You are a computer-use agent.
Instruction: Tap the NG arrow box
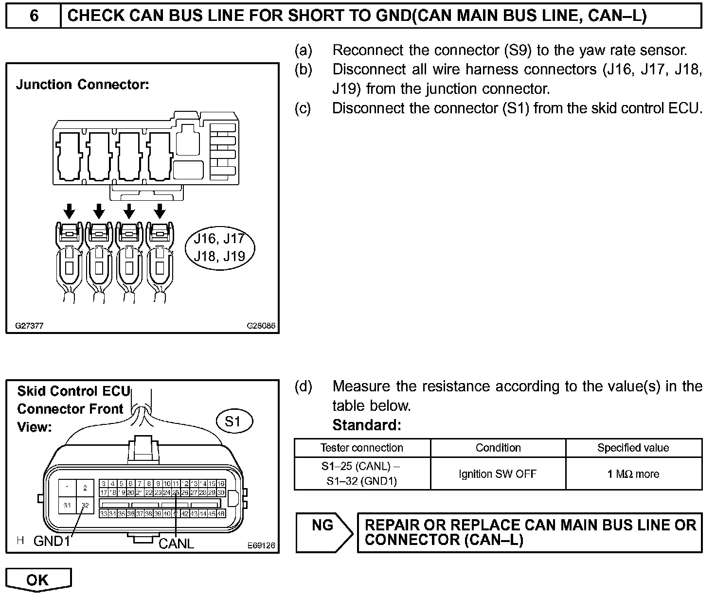[324, 532]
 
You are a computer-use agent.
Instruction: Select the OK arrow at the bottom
[38, 580]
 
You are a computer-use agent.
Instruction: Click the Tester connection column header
[362, 448]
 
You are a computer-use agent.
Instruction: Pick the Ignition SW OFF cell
[498, 473]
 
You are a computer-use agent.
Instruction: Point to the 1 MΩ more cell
[633, 473]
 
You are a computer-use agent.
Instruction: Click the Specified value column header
[633, 448]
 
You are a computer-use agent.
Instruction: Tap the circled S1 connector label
[233, 421]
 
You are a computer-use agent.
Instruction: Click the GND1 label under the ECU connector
[52, 541]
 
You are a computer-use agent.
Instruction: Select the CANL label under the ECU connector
[176, 543]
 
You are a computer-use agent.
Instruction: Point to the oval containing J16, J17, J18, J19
[220, 247]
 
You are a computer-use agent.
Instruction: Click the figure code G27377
[29, 326]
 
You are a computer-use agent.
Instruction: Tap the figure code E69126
[261, 546]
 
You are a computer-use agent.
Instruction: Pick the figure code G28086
[261, 326]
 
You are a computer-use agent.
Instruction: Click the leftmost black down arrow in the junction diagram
[70, 211]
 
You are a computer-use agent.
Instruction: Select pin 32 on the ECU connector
[85, 505]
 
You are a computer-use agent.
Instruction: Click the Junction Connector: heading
[82, 85]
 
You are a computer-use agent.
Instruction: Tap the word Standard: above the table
[367, 425]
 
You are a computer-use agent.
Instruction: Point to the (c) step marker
[303, 108]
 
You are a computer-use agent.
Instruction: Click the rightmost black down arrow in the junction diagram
[160, 211]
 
